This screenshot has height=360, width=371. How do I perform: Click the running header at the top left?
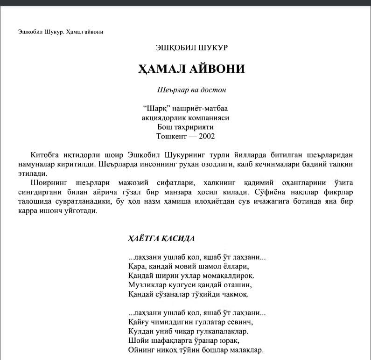point(61,32)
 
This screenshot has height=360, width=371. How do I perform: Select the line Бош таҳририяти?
point(186,127)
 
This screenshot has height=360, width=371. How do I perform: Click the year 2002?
point(207,136)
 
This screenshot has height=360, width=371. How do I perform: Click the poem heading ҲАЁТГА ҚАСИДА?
point(161,238)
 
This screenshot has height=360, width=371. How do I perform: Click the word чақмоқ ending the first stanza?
point(235,294)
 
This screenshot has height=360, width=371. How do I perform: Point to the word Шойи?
point(136,340)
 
